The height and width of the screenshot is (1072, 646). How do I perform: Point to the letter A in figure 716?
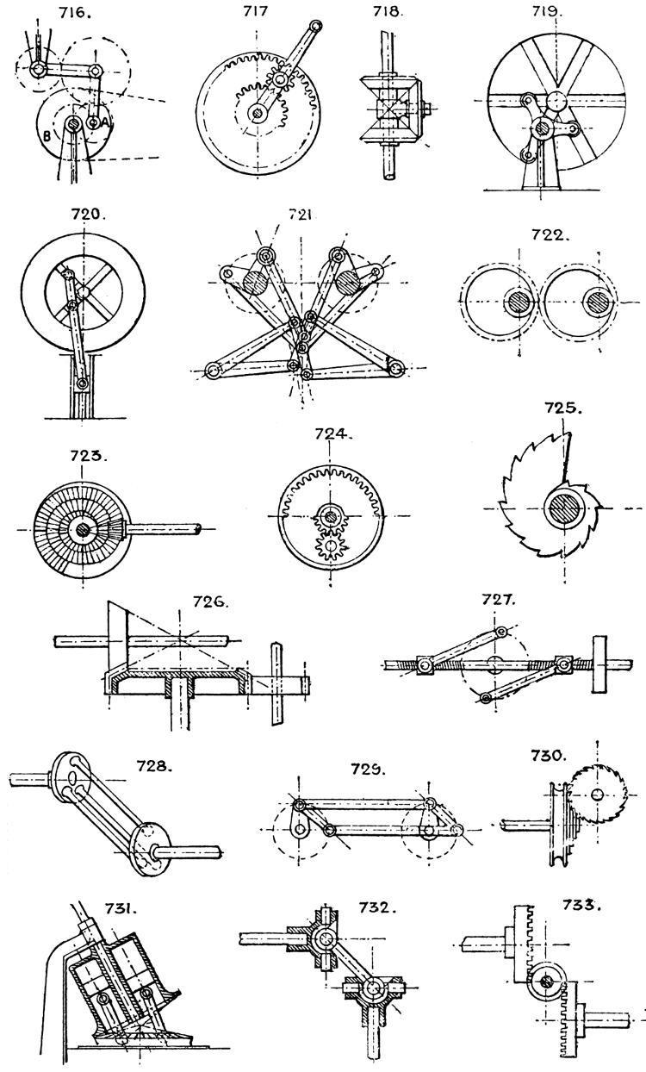106,123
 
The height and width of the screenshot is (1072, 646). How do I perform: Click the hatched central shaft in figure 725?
563,505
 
